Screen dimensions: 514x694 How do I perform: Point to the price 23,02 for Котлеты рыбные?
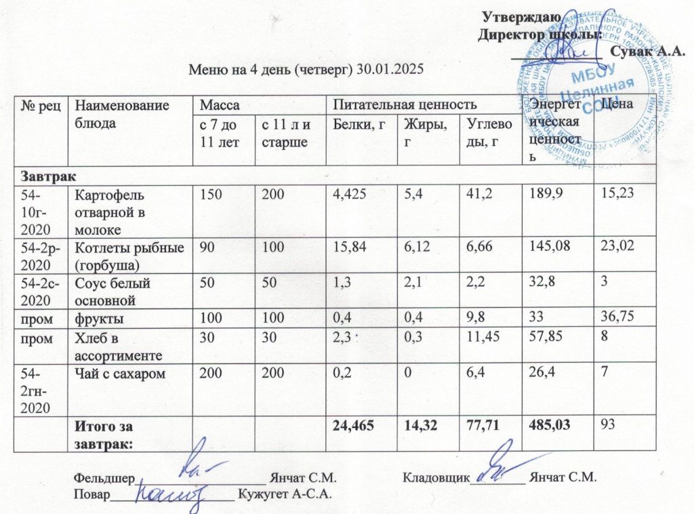619,247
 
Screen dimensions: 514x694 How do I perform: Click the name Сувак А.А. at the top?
643,50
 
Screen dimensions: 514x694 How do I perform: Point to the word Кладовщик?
436,477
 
